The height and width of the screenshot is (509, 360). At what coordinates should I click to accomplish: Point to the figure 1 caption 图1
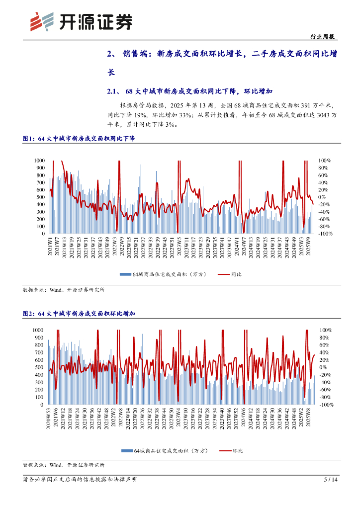coord(29,139)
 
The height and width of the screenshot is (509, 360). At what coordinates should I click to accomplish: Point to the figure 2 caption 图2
coord(29,314)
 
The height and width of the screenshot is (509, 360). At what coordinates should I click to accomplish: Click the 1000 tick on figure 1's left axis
coord(39,161)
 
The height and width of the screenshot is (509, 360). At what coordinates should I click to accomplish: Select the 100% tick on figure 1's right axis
coord(325,161)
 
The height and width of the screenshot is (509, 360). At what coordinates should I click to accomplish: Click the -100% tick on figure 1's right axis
coord(325,234)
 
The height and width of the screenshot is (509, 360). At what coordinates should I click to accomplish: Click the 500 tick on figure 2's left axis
coord(39,367)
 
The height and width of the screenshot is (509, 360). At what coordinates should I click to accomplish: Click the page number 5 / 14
coord(331,480)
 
